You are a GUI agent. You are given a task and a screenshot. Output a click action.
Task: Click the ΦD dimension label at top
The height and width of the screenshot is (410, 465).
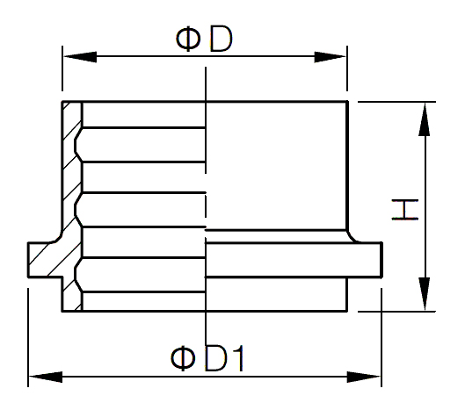point(204,40)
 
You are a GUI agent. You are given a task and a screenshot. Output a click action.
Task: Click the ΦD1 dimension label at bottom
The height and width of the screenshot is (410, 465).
point(207,358)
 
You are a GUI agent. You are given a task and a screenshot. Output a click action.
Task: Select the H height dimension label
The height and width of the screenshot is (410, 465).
point(405,210)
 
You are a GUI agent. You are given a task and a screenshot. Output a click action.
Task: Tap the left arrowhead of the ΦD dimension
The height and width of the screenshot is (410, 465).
point(80,56)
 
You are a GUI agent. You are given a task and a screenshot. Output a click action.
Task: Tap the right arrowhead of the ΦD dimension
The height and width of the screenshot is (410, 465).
point(331,57)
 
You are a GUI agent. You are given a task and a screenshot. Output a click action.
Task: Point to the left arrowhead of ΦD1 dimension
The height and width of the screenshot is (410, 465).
point(46,377)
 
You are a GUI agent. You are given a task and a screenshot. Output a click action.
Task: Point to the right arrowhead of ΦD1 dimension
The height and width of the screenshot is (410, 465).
point(364,377)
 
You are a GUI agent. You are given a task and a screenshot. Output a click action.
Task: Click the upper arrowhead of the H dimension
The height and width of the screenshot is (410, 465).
point(425,119)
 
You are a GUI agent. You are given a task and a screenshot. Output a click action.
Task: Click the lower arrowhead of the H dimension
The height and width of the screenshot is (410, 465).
point(425,294)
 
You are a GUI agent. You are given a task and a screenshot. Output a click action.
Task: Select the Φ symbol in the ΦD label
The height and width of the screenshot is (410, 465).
point(188,40)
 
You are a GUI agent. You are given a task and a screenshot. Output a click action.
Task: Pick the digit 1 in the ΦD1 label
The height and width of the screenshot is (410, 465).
point(238,358)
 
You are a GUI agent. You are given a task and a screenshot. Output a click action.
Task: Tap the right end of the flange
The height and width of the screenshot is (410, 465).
point(381,260)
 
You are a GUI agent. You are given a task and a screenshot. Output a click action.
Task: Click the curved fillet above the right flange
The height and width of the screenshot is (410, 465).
point(352,237)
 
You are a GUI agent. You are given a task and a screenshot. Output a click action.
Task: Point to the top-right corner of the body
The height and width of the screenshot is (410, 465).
point(347,102)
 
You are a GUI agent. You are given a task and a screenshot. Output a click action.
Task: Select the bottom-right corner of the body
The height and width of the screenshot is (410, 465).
point(346,311)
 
